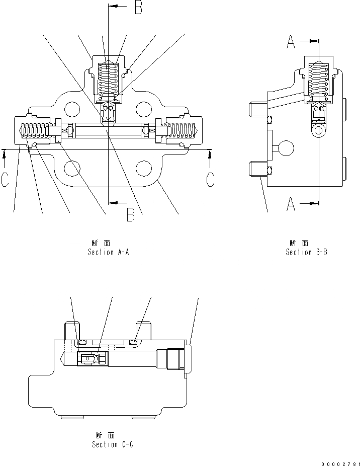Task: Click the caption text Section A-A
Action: (109, 252)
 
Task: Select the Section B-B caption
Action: (306, 252)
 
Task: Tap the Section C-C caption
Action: (113, 444)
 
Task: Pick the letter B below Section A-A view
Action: (130, 215)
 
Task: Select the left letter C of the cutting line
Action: (5, 180)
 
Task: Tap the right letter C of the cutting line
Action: (211, 180)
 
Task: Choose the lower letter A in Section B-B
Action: (291, 205)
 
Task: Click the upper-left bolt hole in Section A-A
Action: (72, 108)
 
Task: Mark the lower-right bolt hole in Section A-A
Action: (144, 169)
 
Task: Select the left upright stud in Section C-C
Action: (70, 331)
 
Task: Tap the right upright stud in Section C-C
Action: (144, 331)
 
